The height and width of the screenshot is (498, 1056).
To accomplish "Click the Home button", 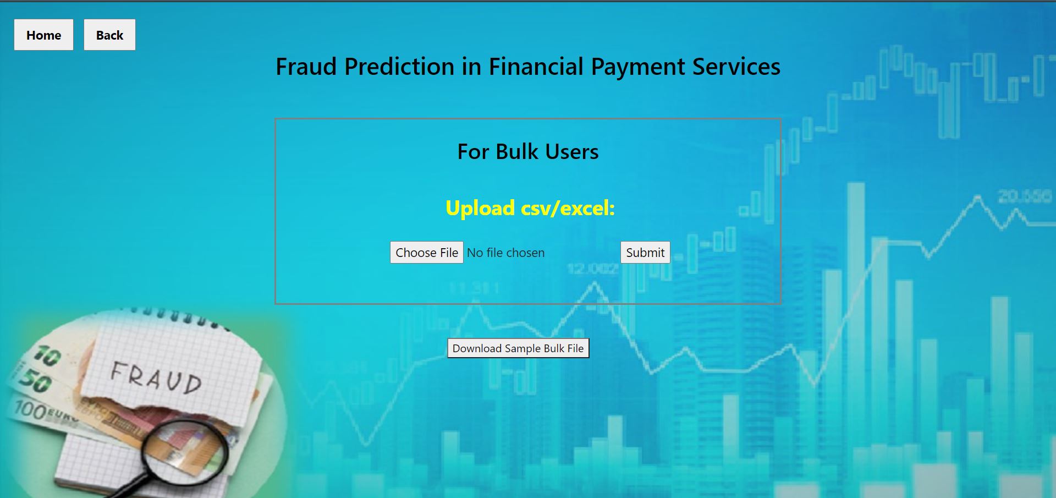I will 43,35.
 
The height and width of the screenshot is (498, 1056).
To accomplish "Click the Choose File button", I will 426,253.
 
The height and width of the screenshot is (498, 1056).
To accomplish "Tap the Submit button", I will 645,253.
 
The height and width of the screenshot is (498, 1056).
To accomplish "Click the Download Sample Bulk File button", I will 518,348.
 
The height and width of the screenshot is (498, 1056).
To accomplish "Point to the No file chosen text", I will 505,253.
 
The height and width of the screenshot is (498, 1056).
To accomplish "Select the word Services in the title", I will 736,67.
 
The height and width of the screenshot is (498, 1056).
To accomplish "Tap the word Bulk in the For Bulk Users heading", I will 516,152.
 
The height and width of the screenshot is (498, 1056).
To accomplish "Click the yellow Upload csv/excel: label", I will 530,208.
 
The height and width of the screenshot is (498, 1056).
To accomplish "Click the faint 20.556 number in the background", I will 1024,196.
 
